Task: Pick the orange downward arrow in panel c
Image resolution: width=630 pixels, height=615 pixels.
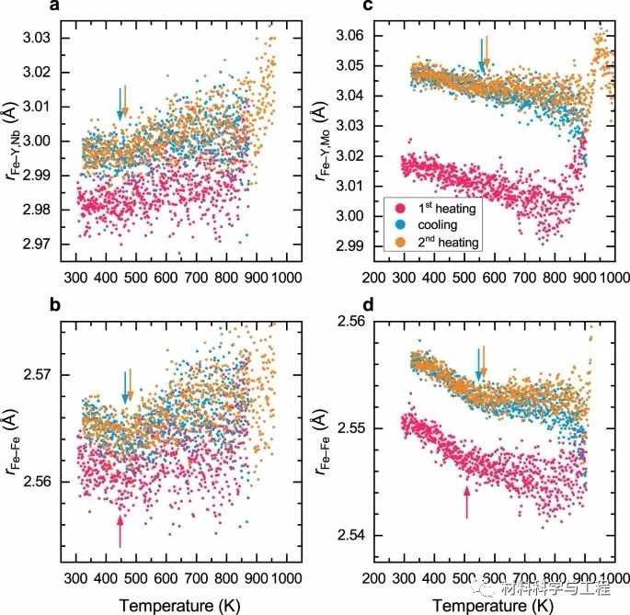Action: (x=487, y=52)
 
